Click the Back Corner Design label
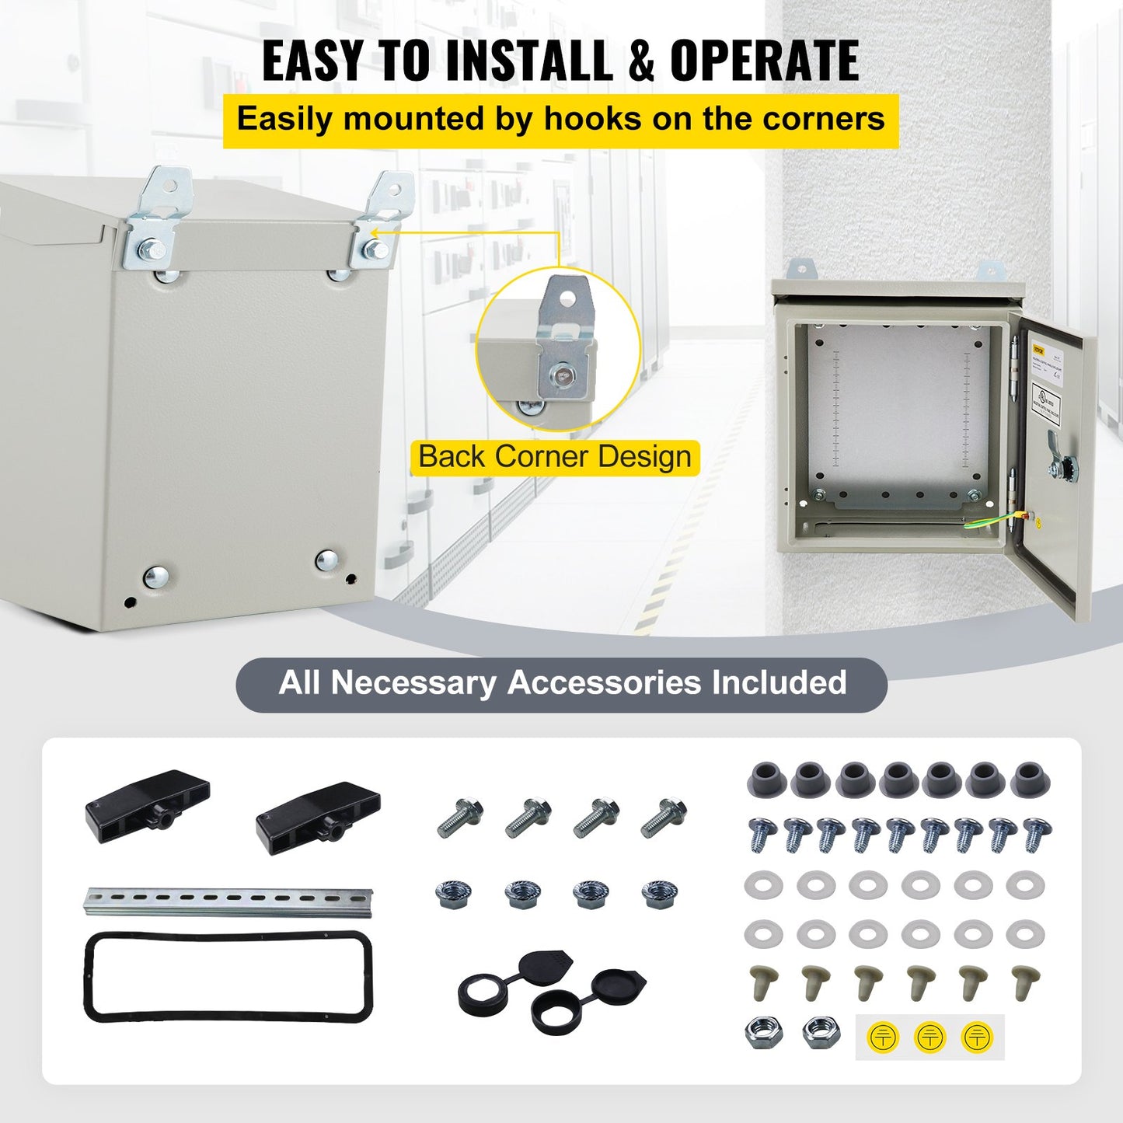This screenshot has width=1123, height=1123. tap(554, 457)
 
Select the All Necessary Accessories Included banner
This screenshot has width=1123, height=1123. tap(561, 684)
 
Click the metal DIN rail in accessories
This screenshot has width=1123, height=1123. tap(228, 901)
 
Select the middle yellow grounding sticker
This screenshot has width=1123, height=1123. tap(929, 1037)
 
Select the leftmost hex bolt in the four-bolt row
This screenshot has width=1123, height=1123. tap(460, 817)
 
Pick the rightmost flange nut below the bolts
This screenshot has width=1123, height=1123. tap(659, 894)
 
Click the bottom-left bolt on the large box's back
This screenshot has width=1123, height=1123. tap(155, 577)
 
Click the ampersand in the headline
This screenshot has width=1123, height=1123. tap(640, 61)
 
